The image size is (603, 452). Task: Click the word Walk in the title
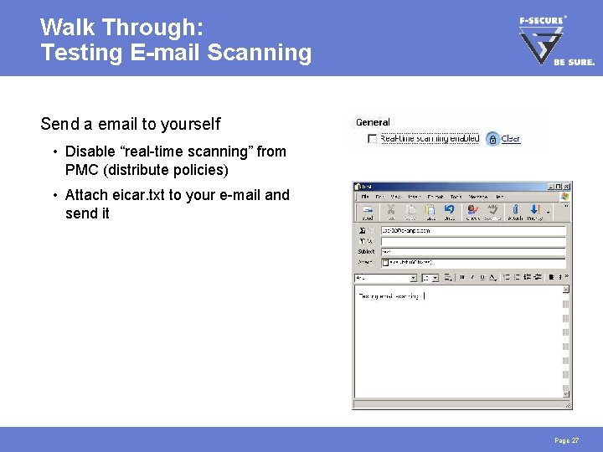[66, 28]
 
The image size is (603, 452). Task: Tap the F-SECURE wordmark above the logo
[541, 20]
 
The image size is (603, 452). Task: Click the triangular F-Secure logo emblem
[537, 44]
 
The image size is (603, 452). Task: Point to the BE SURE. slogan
[574, 62]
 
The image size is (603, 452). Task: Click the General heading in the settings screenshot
[373, 122]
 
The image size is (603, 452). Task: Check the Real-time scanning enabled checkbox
[372, 139]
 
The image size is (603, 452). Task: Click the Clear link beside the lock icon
[510, 139]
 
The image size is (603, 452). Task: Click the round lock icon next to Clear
[492, 139]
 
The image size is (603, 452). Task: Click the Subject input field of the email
[473, 251]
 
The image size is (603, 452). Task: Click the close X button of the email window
[567, 186]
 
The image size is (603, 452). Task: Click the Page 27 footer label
[567, 440]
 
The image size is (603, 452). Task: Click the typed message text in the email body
[389, 295]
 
